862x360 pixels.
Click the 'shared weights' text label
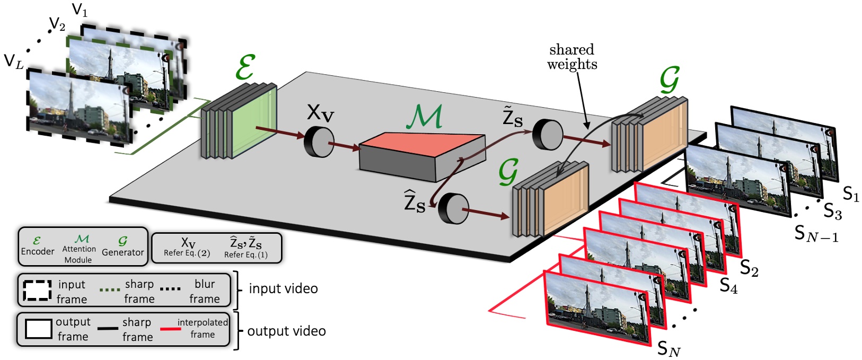point(572,57)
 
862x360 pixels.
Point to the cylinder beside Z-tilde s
point(547,135)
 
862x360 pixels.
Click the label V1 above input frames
point(80,10)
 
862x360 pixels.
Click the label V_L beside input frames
point(14,62)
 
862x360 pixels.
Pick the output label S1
point(850,195)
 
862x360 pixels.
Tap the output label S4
point(728,286)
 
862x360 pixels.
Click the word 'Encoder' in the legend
point(37,251)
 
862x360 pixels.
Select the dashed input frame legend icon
point(37,291)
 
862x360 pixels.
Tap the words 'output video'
point(286,331)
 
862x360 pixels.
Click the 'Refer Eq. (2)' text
point(187,253)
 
